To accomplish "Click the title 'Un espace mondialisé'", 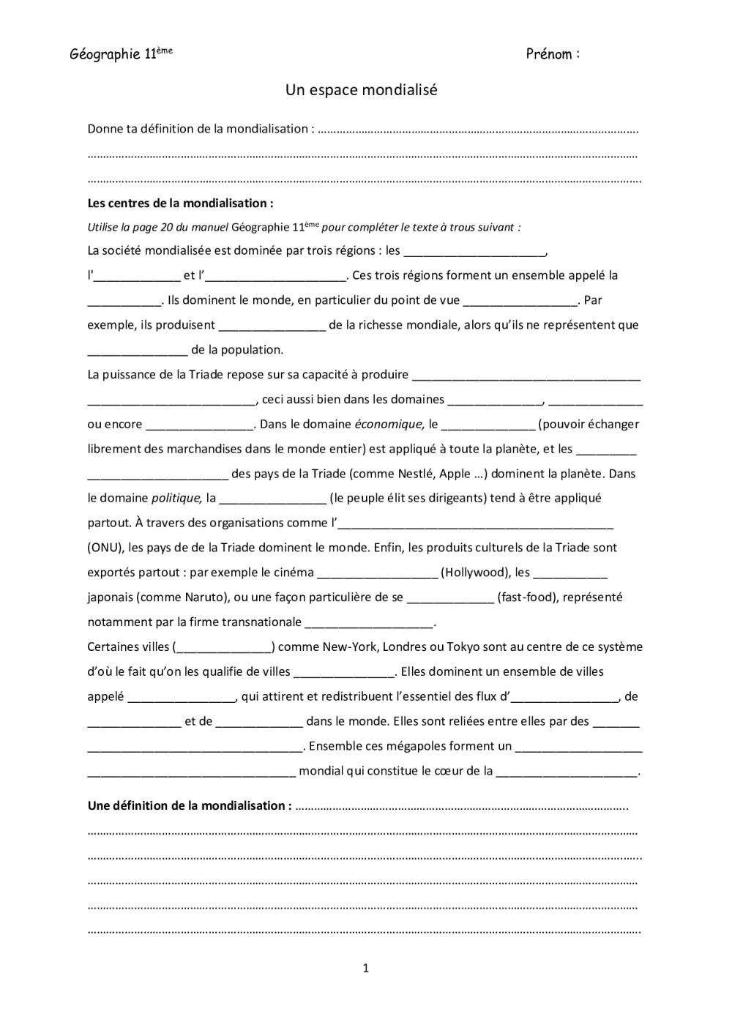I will point(361,90).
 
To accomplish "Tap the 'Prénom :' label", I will point(553,53).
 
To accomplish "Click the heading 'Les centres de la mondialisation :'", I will point(180,203).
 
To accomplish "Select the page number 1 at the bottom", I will point(366,968).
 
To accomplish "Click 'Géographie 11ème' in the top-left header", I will point(121,53).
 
